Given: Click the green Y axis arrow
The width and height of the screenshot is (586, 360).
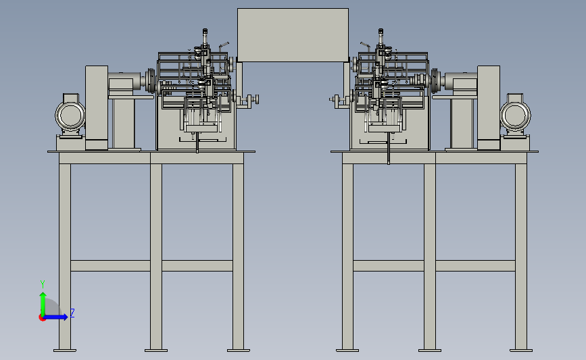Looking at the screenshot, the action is [43, 304].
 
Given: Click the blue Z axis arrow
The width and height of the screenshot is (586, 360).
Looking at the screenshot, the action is [56, 317].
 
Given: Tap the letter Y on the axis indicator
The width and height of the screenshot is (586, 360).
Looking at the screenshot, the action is [42, 284].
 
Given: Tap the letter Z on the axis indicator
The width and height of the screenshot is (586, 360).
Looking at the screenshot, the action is [72, 313].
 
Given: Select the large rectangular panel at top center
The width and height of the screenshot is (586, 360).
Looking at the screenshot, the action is [293, 34].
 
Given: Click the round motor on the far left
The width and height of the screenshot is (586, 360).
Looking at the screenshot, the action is [70, 115].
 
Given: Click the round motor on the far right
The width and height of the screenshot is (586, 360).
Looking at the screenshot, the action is [515, 115].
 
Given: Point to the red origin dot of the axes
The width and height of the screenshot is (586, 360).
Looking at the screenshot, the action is [42, 318].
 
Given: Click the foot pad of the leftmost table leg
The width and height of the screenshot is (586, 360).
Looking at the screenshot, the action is [65, 351].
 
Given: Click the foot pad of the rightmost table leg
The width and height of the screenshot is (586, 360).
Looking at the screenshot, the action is [521, 351].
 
